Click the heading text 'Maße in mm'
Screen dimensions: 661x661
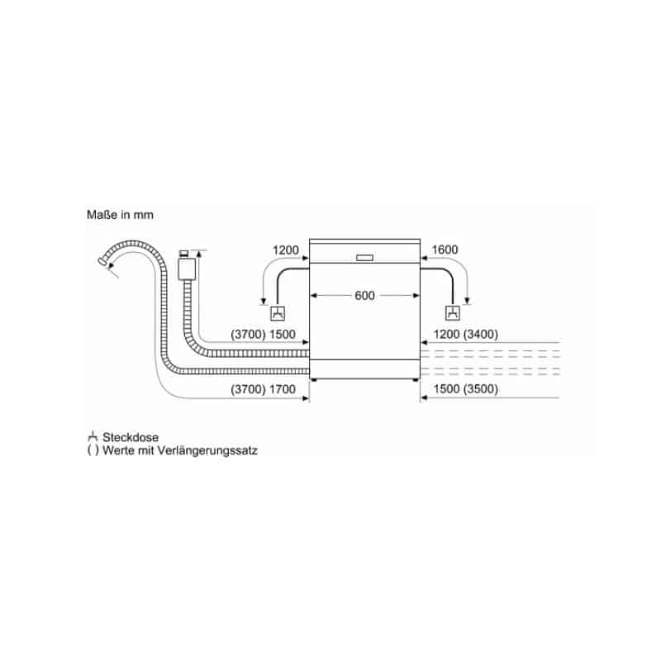coord(120,215)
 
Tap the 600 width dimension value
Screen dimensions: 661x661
coord(364,296)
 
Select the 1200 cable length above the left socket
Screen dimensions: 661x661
coord(285,250)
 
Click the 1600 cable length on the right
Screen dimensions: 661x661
coord(445,250)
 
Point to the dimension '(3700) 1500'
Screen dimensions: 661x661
coord(263,335)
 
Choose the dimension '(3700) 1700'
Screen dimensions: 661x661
coord(263,389)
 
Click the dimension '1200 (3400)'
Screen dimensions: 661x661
coord(465,335)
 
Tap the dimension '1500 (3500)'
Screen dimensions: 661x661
coord(465,388)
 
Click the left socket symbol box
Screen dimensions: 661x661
coord(278,314)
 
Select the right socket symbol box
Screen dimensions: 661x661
coord(453,313)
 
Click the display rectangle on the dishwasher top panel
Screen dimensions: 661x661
coord(364,258)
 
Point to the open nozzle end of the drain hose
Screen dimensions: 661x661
coord(102,261)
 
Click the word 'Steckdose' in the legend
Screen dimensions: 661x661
coord(131,437)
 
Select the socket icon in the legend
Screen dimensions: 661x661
coord(93,437)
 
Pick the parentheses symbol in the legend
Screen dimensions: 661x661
coord(93,450)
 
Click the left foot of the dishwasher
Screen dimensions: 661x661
coord(313,380)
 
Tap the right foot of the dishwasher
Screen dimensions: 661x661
coord(416,380)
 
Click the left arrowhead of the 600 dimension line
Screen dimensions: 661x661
coord(313,296)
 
